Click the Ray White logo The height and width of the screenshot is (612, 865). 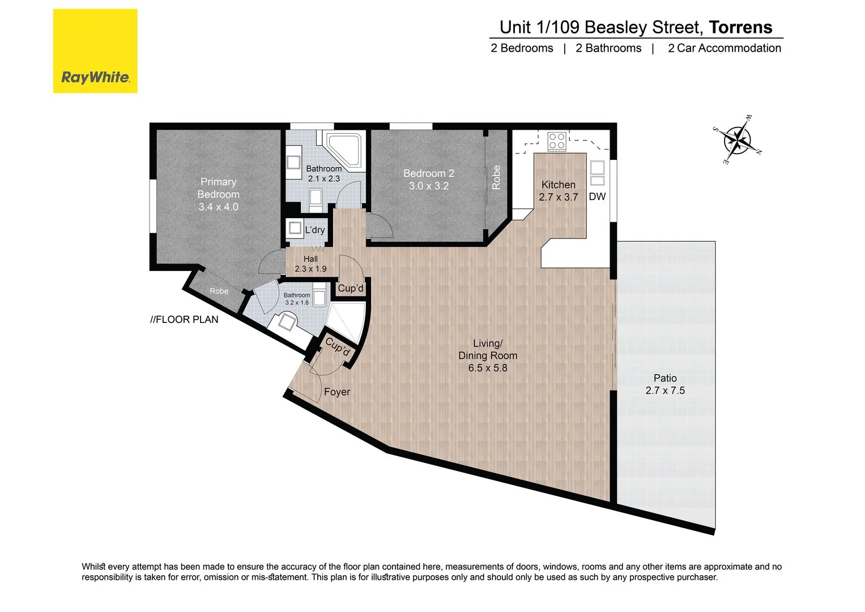(x=95, y=51)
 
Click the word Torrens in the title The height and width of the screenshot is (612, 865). (x=740, y=27)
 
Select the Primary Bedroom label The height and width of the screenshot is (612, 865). (x=218, y=188)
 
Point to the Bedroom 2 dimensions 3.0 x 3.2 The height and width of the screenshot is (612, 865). (x=429, y=186)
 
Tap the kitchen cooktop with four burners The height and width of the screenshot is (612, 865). (x=556, y=141)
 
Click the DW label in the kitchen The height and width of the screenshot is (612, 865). (x=597, y=197)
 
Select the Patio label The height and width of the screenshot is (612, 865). (x=665, y=378)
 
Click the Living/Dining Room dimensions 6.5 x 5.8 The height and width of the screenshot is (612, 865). (x=488, y=368)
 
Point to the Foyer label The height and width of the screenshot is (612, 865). (x=337, y=392)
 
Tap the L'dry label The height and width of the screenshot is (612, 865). (x=315, y=229)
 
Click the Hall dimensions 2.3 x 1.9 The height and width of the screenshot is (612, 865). (x=310, y=269)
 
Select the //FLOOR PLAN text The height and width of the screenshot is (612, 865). (x=184, y=320)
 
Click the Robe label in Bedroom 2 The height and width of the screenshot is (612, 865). (x=496, y=177)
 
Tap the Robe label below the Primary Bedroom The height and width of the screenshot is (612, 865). (x=219, y=291)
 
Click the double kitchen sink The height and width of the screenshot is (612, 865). (x=597, y=173)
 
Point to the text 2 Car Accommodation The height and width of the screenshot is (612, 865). (x=724, y=48)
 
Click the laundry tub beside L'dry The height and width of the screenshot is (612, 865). (x=295, y=228)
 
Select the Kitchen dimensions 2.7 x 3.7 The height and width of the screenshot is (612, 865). (x=559, y=197)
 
